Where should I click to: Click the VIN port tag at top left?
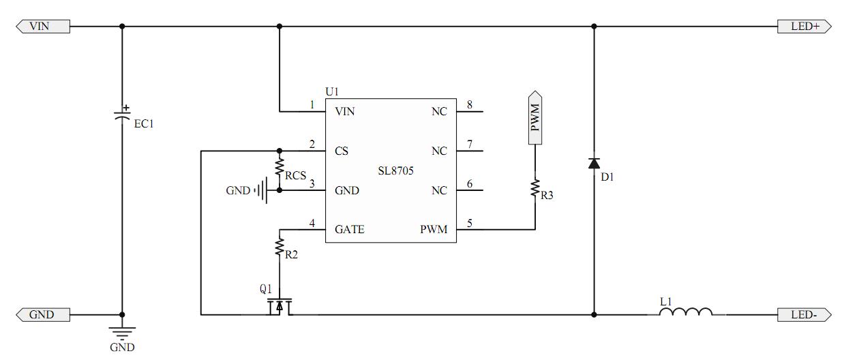42,27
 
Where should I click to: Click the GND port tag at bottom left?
42,314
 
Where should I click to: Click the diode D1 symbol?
594,164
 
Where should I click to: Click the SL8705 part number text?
396,170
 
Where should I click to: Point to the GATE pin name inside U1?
349,229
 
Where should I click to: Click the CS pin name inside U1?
342,151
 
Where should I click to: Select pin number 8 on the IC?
469,105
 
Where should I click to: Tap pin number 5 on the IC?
469,223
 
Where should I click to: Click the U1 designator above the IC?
332,91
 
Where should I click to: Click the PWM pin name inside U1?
434,229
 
